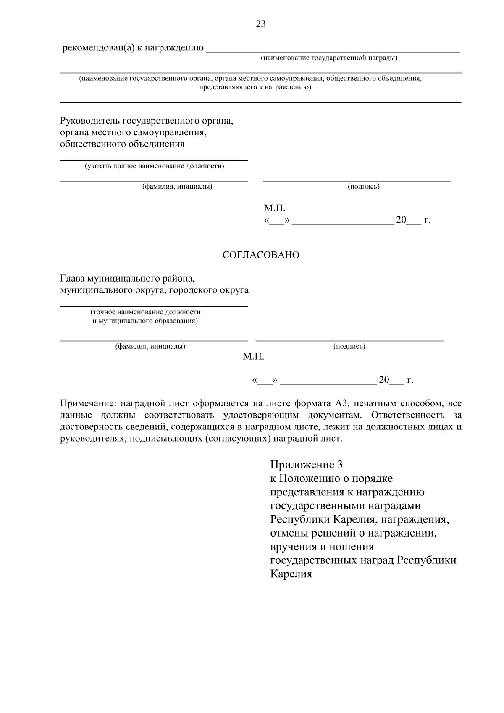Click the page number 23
[260, 24]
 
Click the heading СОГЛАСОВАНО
[260, 255]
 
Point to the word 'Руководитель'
[89, 121]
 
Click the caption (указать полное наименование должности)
[155, 166]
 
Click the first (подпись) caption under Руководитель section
[363, 187]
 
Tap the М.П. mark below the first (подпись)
[274, 208]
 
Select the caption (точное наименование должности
[145, 312]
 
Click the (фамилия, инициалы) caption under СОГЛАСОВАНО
[150, 347]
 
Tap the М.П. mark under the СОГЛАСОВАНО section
[253, 357]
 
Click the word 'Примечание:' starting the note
[88, 404]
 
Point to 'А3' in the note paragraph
[341, 404]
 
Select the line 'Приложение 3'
[307, 465]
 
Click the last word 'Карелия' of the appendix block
[291, 574]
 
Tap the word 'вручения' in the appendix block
[291, 547]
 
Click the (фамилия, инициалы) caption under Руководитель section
[177, 187]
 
